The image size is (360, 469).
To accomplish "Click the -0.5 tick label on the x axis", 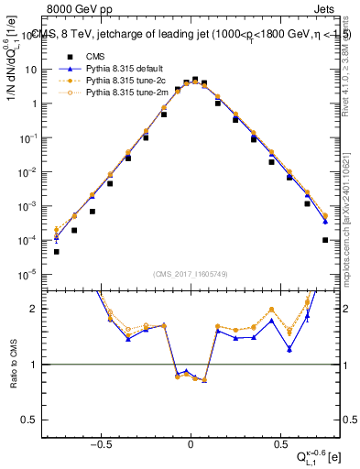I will tap(102, 446).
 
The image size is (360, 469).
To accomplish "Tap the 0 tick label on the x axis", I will tap(190, 446).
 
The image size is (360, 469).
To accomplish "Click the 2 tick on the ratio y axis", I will tap(32, 309).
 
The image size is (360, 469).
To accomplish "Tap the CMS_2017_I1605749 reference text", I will tap(190, 273).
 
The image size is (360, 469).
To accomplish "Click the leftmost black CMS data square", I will tap(56, 252).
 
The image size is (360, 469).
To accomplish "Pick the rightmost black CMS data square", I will tap(325, 240).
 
